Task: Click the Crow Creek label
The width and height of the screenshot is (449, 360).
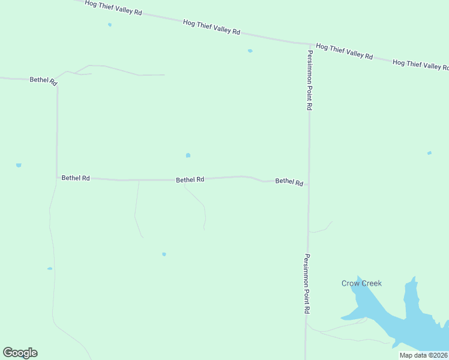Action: [x=361, y=283]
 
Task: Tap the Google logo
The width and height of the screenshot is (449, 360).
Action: [x=20, y=353]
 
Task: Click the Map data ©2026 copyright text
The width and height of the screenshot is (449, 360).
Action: [x=423, y=355]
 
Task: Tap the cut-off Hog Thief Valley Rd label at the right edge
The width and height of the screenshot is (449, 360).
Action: [x=420, y=64]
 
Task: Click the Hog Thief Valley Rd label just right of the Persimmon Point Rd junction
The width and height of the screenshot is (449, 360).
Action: [x=344, y=51]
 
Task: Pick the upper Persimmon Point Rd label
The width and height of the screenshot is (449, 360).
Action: [x=310, y=80]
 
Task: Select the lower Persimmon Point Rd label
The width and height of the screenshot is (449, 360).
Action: [x=307, y=284]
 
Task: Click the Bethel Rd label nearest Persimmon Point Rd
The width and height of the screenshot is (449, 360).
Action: [x=289, y=182]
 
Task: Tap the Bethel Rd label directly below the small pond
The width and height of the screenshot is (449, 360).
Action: [x=190, y=179]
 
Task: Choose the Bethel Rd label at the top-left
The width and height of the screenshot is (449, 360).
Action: [x=43, y=80]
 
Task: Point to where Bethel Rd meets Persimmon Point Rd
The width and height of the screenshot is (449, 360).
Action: [x=309, y=184]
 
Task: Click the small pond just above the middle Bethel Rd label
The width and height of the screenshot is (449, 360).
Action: [x=188, y=155]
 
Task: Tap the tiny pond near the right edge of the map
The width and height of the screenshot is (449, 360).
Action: [x=429, y=153]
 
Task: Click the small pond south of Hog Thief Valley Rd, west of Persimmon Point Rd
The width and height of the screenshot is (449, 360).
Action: [x=250, y=51]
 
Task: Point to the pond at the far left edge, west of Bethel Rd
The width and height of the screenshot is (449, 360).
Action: [x=19, y=165]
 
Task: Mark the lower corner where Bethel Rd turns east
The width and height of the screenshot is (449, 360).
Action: [x=57, y=177]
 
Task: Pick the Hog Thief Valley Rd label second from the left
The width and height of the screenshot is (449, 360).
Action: [x=211, y=27]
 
